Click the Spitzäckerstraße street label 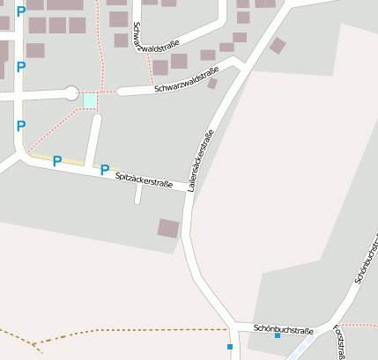coord(143,179)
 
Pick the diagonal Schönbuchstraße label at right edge coord(365,256)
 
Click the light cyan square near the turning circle coord(90,101)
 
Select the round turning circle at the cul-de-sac coord(70,92)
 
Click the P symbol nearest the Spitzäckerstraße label coord(105,169)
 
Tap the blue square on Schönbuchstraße coord(277,335)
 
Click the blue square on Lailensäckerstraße coord(230,347)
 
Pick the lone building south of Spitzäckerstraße coord(168,228)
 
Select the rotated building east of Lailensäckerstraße coord(278,46)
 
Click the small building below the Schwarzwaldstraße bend coord(212,84)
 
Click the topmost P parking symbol coord(21,11)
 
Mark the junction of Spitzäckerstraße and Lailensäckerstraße coord(190,187)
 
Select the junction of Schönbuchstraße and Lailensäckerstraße coord(231,327)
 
